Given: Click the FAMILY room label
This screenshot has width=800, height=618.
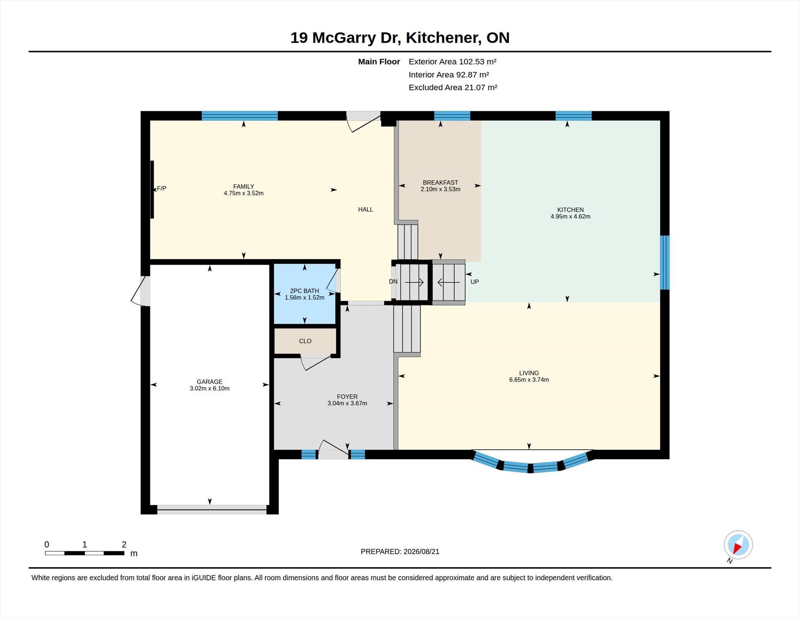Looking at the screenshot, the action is [x=244, y=187].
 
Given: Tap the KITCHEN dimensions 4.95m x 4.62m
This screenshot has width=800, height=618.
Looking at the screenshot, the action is [x=570, y=216].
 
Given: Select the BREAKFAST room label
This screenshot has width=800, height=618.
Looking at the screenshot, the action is [x=440, y=182].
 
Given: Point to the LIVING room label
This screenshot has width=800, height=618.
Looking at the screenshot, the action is [x=529, y=373].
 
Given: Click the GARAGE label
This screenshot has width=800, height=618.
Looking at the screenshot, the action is [x=209, y=382].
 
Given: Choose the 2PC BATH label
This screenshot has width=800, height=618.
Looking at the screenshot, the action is [x=304, y=291].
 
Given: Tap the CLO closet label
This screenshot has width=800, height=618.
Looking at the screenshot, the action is [x=305, y=341].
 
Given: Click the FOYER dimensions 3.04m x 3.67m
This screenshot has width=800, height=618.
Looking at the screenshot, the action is [x=347, y=403].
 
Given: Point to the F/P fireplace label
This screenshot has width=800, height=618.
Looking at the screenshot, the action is [x=161, y=189].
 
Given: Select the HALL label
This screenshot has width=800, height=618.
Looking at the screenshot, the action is [x=366, y=210].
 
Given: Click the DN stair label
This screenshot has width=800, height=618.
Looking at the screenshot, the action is [x=393, y=281].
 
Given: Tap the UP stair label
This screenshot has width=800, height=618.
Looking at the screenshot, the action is [x=475, y=282].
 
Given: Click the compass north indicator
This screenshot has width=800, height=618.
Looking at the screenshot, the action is [x=738, y=545].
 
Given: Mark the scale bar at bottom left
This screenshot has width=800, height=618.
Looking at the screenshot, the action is [x=84, y=553].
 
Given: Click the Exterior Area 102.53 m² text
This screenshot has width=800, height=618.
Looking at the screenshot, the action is [x=452, y=62].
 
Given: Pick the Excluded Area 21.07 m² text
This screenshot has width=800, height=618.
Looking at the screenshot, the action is [x=453, y=87].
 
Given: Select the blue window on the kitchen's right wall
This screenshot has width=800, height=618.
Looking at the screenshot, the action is [x=665, y=262].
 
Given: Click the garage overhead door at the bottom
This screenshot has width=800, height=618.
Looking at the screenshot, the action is [x=212, y=509].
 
